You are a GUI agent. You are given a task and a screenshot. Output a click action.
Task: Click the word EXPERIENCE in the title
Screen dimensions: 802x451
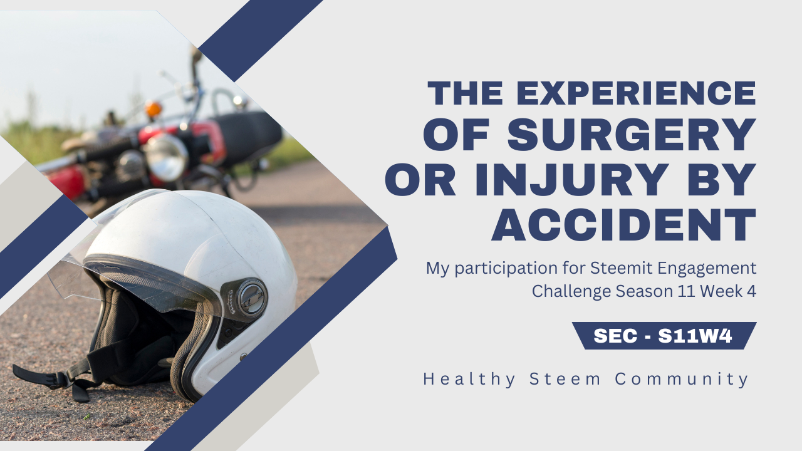click(636, 93)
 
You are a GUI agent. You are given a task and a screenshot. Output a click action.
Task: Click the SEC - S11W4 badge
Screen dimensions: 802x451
click(664, 336)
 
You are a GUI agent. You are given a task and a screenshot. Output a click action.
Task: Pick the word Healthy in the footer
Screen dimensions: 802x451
click(469, 379)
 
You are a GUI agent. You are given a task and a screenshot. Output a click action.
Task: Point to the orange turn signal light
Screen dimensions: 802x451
click(154, 108)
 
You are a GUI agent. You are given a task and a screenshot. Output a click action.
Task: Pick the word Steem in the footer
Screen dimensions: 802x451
click(565, 379)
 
